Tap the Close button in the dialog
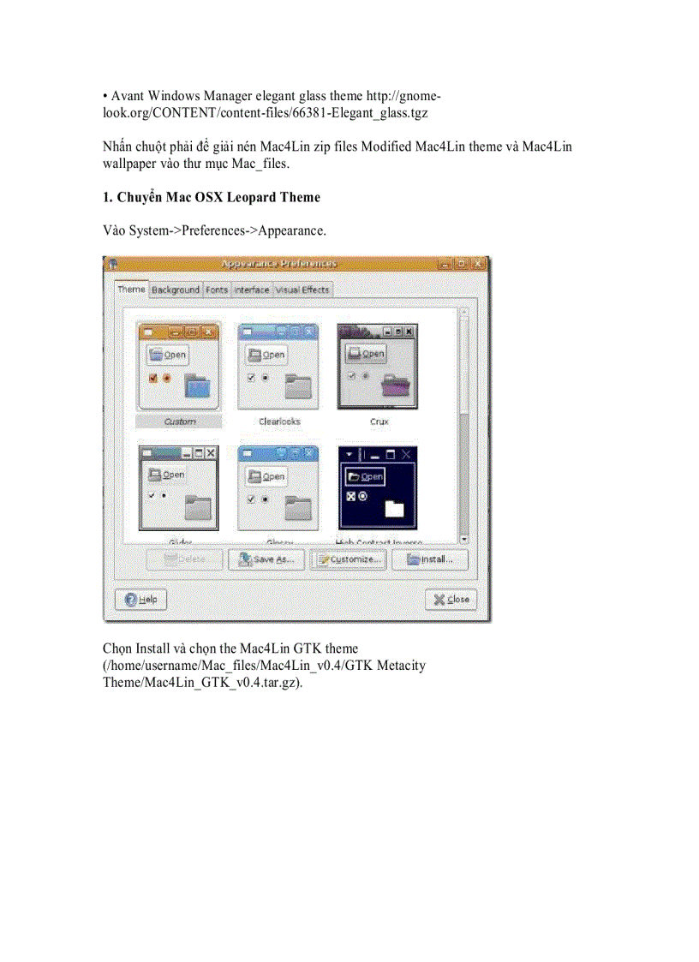click(x=451, y=600)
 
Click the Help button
click(x=140, y=601)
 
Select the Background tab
click(x=176, y=290)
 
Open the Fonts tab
click(x=217, y=290)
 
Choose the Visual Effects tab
click(x=302, y=290)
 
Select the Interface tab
click(x=252, y=290)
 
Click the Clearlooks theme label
click(x=279, y=421)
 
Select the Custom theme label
click(x=179, y=421)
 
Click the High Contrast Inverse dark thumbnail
click(x=377, y=487)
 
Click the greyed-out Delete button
click(x=184, y=560)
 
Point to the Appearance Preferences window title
click(x=278, y=264)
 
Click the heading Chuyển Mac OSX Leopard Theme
click(x=211, y=197)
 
